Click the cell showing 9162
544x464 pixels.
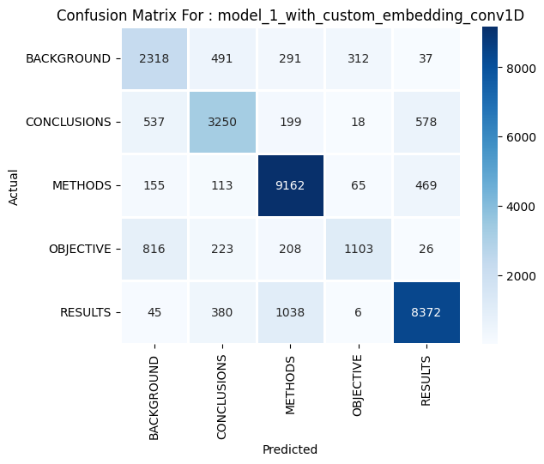(x=290, y=185)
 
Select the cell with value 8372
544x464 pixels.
(x=426, y=312)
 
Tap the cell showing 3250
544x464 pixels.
(x=222, y=122)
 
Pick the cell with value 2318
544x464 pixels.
(x=154, y=58)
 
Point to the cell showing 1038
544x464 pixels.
(x=290, y=312)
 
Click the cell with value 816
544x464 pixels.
(x=154, y=249)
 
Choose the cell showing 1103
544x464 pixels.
(x=358, y=249)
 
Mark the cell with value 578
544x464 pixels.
(x=426, y=122)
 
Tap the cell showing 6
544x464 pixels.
(x=358, y=312)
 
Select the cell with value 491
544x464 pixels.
(x=222, y=58)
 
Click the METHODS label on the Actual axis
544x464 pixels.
(x=83, y=185)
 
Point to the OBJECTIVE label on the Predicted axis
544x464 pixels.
(x=358, y=386)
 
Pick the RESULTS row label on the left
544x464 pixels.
(x=86, y=312)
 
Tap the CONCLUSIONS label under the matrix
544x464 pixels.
(x=222, y=393)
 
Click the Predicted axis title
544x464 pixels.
(x=290, y=449)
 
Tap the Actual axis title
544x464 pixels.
(x=13, y=185)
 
